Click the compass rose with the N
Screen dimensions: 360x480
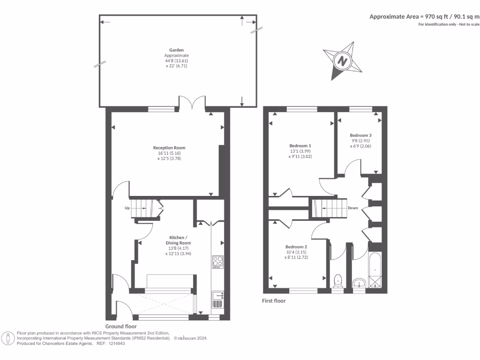click(343, 60)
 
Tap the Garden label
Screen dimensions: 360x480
click(176, 50)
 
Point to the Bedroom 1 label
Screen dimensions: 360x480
click(300, 145)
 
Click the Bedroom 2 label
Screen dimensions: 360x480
click(296, 247)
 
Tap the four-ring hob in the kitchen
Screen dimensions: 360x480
click(217, 261)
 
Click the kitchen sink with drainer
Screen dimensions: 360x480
click(217, 300)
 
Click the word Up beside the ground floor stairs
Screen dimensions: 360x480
click(127, 208)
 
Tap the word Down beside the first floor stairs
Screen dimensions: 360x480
click(353, 208)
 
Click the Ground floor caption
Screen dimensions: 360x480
click(121, 327)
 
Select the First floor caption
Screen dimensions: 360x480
click(274, 301)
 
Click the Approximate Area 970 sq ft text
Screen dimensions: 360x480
click(424, 16)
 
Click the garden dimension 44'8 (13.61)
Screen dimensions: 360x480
click(176, 61)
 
